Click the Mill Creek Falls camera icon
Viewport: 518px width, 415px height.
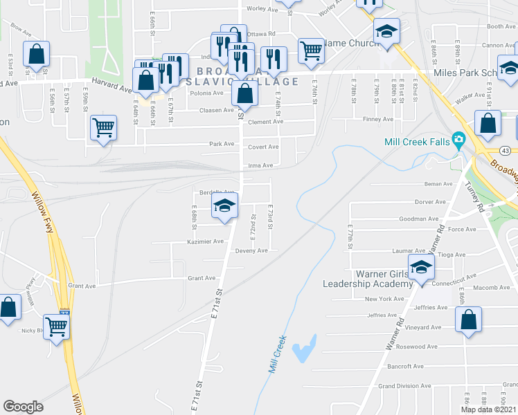coord(458,141)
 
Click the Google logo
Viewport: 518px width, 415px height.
coord(23,407)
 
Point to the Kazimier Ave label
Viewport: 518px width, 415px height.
coord(206,241)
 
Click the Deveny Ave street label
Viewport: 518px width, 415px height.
coord(251,250)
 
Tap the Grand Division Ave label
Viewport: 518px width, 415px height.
coord(405,386)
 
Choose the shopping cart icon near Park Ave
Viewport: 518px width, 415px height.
coord(103,127)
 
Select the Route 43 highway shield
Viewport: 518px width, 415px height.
coord(506,151)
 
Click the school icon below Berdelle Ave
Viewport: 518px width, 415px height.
coord(224,205)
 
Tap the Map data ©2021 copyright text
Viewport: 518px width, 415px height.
coord(488,409)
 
